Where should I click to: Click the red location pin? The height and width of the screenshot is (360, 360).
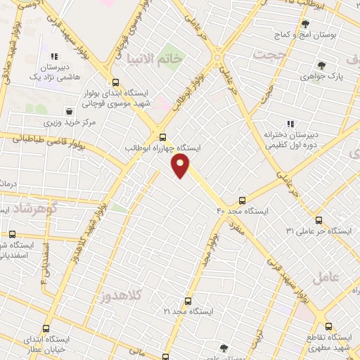(181, 165)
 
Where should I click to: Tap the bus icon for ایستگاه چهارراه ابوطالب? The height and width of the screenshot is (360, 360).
(163, 137)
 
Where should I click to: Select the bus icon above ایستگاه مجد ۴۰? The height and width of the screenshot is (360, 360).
(243, 200)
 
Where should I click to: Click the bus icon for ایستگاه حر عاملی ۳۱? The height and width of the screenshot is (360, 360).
(319, 219)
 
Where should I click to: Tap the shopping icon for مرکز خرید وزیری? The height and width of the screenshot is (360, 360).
(69, 110)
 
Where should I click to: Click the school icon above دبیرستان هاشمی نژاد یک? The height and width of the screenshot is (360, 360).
(54, 56)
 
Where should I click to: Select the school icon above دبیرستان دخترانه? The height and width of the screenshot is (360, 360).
(290, 124)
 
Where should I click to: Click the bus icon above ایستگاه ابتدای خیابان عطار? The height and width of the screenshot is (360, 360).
(46, 328)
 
